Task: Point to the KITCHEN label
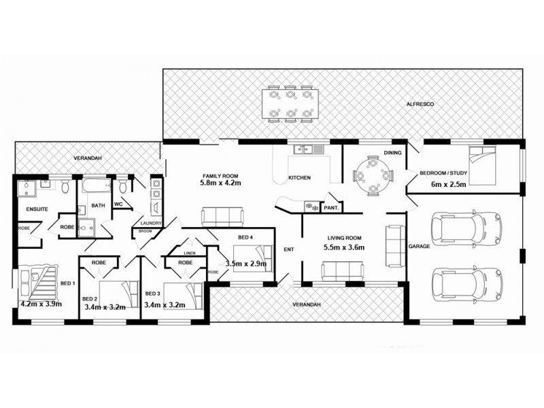coord(299,178)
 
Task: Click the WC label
coord(118,203)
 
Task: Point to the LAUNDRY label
coord(150,222)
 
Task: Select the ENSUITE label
coord(37,209)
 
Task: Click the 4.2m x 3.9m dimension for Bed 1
coord(41,304)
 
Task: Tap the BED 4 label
coord(245,237)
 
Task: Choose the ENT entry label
coord(288,250)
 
